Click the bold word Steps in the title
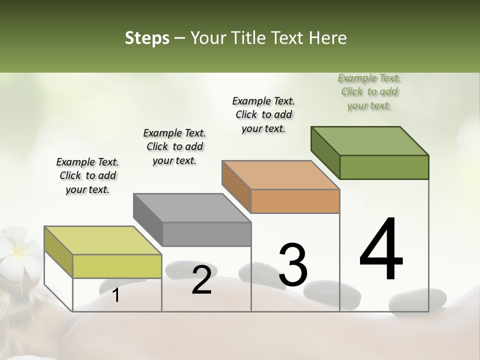click(147, 38)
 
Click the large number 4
click(381, 249)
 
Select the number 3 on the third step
click(293, 265)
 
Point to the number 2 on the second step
click(201, 280)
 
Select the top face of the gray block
click(192, 208)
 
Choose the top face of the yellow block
click(103, 240)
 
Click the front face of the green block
click(384, 167)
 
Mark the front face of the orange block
click(295, 201)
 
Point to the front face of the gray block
click(206, 234)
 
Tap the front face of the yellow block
click(117, 266)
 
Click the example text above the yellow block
click(87, 175)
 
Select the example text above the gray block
click(174, 146)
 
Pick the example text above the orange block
click(263, 114)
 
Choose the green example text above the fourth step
click(369, 91)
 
